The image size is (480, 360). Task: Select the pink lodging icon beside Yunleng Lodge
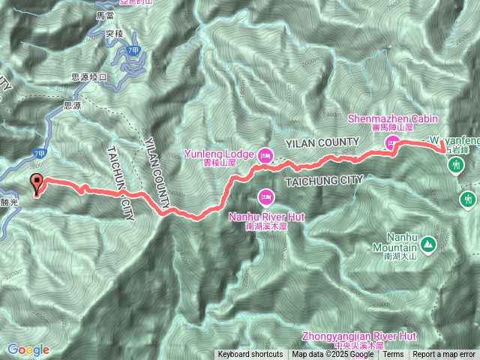pos(264,156)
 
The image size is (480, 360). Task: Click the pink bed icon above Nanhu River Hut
pos(265,196)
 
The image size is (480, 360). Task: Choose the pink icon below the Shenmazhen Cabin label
pos(391,142)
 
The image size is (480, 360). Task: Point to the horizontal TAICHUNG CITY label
pos(323,180)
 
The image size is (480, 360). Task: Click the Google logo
pos(28,349)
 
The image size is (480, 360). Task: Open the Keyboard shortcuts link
pos(250,355)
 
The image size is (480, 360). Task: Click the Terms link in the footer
pos(393,355)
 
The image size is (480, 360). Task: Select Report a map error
pos(445,355)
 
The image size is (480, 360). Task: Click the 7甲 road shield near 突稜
pos(133,49)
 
